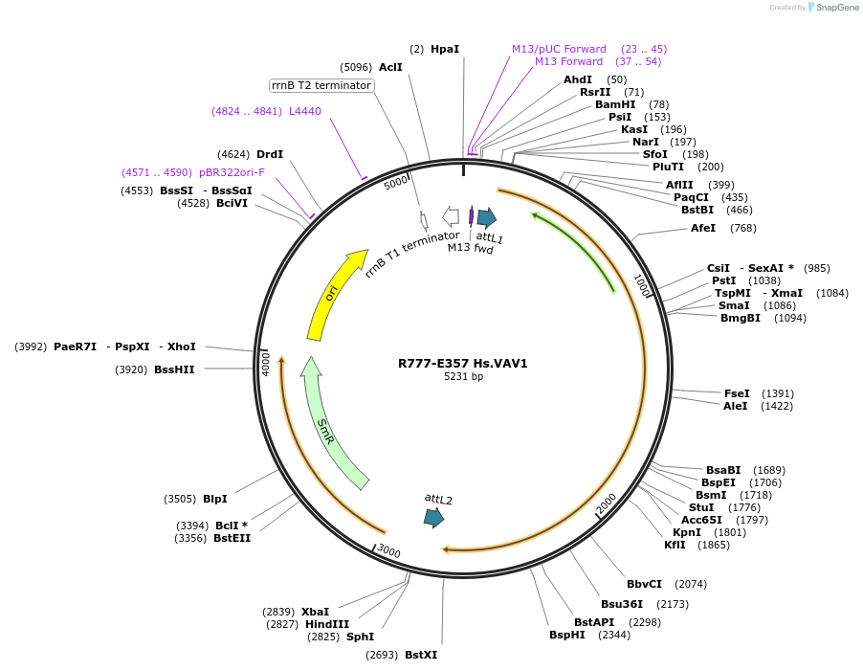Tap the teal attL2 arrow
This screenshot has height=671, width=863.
point(434,518)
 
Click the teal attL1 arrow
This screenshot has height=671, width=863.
point(487,216)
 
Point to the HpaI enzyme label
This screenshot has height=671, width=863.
point(444,49)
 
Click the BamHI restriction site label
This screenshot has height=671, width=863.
point(615,104)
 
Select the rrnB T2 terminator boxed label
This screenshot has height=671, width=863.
point(321,85)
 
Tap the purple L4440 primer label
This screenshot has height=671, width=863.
point(305,111)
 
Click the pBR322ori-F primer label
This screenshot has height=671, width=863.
point(232,172)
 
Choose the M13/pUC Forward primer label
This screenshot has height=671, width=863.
point(559,49)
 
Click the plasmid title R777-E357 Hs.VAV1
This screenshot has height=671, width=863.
point(463,364)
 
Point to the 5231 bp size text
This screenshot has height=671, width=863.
point(463,377)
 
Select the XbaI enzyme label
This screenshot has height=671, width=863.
point(315,612)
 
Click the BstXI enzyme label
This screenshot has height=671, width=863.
point(420,655)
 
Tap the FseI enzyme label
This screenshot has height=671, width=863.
point(737,393)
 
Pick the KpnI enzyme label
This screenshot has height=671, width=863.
point(686,532)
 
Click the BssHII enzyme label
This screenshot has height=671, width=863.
point(174,369)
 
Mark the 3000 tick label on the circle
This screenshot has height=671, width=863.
point(388,550)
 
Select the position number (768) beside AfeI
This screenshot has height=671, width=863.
point(742,228)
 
